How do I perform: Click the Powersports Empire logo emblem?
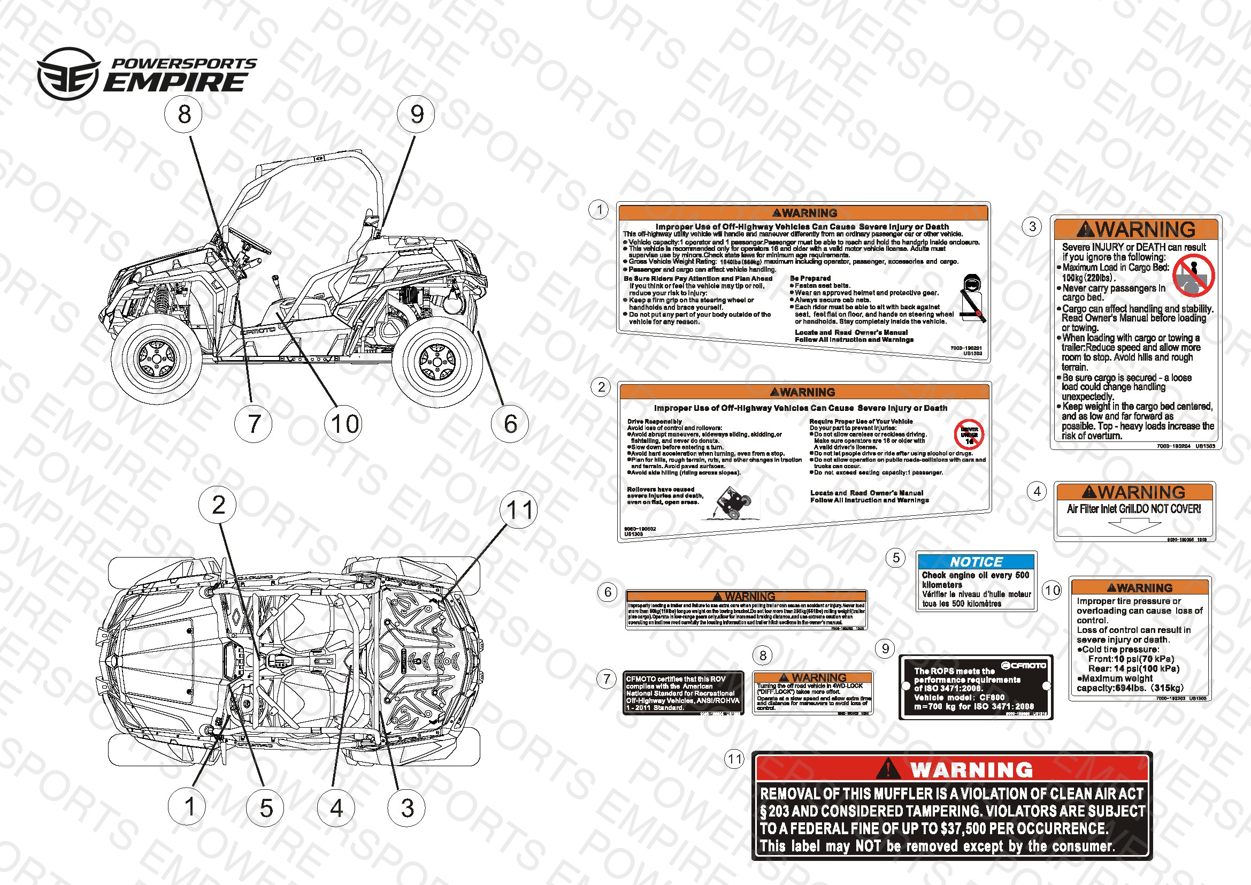pyautogui.click(x=68, y=73)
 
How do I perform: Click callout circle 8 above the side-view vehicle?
pyautogui.click(x=184, y=115)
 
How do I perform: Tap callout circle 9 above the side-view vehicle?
pyautogui.click(x=417, y=115)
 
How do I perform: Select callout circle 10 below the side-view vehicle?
pyautogui.click(x=344, y=424)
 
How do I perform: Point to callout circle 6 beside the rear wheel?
pyautogui.click(x=510, y=424)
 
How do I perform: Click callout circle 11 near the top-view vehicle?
pyautogui.click(x=519, y=510)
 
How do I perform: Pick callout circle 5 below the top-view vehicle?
pyautogui.click(x=265, y=807)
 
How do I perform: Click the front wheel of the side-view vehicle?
pyautogui.click(x=156, y=358)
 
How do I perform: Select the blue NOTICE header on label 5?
pyautogui.click(x=976, y=562)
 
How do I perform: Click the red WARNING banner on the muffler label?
pyautogui.click(x=952, y=769)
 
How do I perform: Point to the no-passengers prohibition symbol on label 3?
pyautogui.click(x=1193, y=276)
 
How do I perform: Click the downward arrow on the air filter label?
pyautogui.click(x=1135, y=525)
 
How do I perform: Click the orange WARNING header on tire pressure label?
pyautogui.click(x=1139, y=588)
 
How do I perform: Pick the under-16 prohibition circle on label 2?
pyautogui.click(x=969, y=434)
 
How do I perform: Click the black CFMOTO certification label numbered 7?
pyautogui.click(x=682, y=692)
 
